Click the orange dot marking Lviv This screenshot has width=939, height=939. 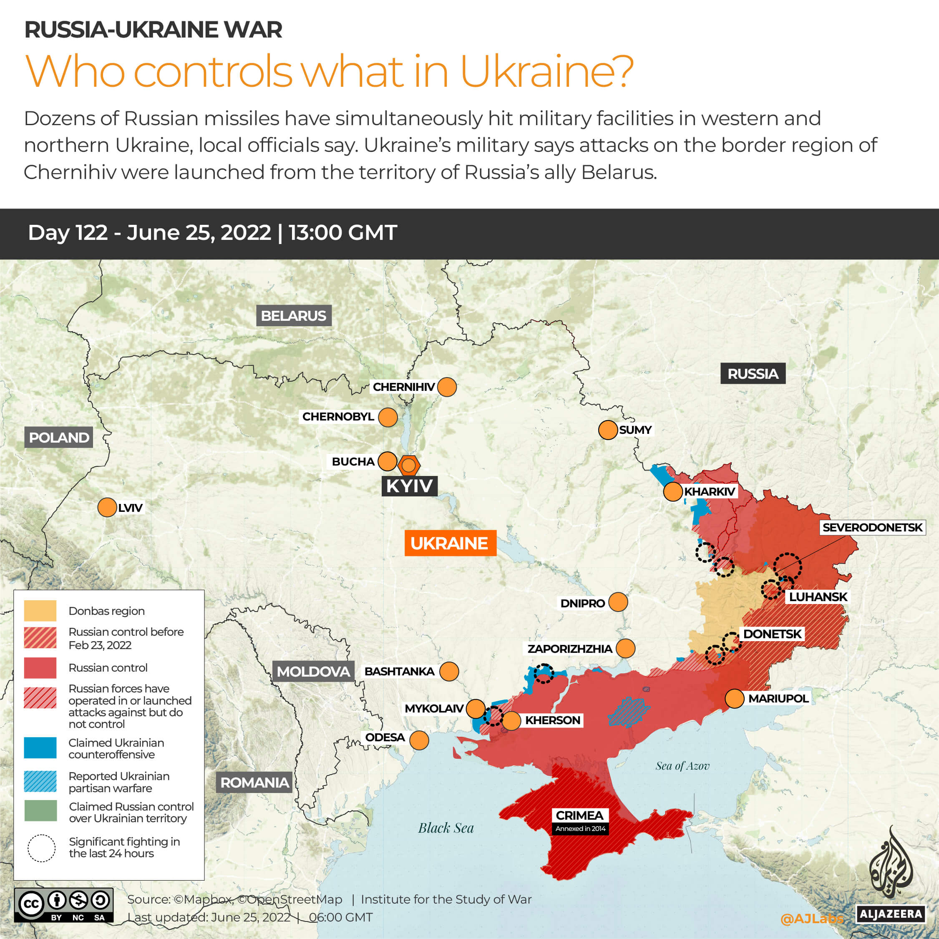click(x=107, y=507)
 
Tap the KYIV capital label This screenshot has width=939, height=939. click(x=409, y=486)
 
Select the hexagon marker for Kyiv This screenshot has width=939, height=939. click(x=409, y=466)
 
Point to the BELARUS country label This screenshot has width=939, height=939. click(x=294, y=316)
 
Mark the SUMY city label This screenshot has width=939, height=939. click(x=635, y=430)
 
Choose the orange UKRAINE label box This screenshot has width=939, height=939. click(x=450, y=543)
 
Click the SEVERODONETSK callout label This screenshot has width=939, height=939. click(x=872, y=527)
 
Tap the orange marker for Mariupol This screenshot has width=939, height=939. click(x=734, y=698)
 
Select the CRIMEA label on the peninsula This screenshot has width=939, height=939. click(x=579, y=815)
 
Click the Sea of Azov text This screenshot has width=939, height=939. click(x=682, y=766)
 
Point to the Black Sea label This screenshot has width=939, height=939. click(x=446, y=828)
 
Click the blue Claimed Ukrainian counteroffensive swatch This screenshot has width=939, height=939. click(x=40, y=748)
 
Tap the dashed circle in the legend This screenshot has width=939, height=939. click(x=41, y=848)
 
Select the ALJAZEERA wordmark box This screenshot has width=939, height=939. click(x=890, y=914)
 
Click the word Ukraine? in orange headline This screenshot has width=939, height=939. click(x=546, y=71)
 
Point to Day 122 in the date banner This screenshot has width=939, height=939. click(x=68, y=233)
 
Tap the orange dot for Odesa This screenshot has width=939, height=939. click(x=419, y=740)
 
